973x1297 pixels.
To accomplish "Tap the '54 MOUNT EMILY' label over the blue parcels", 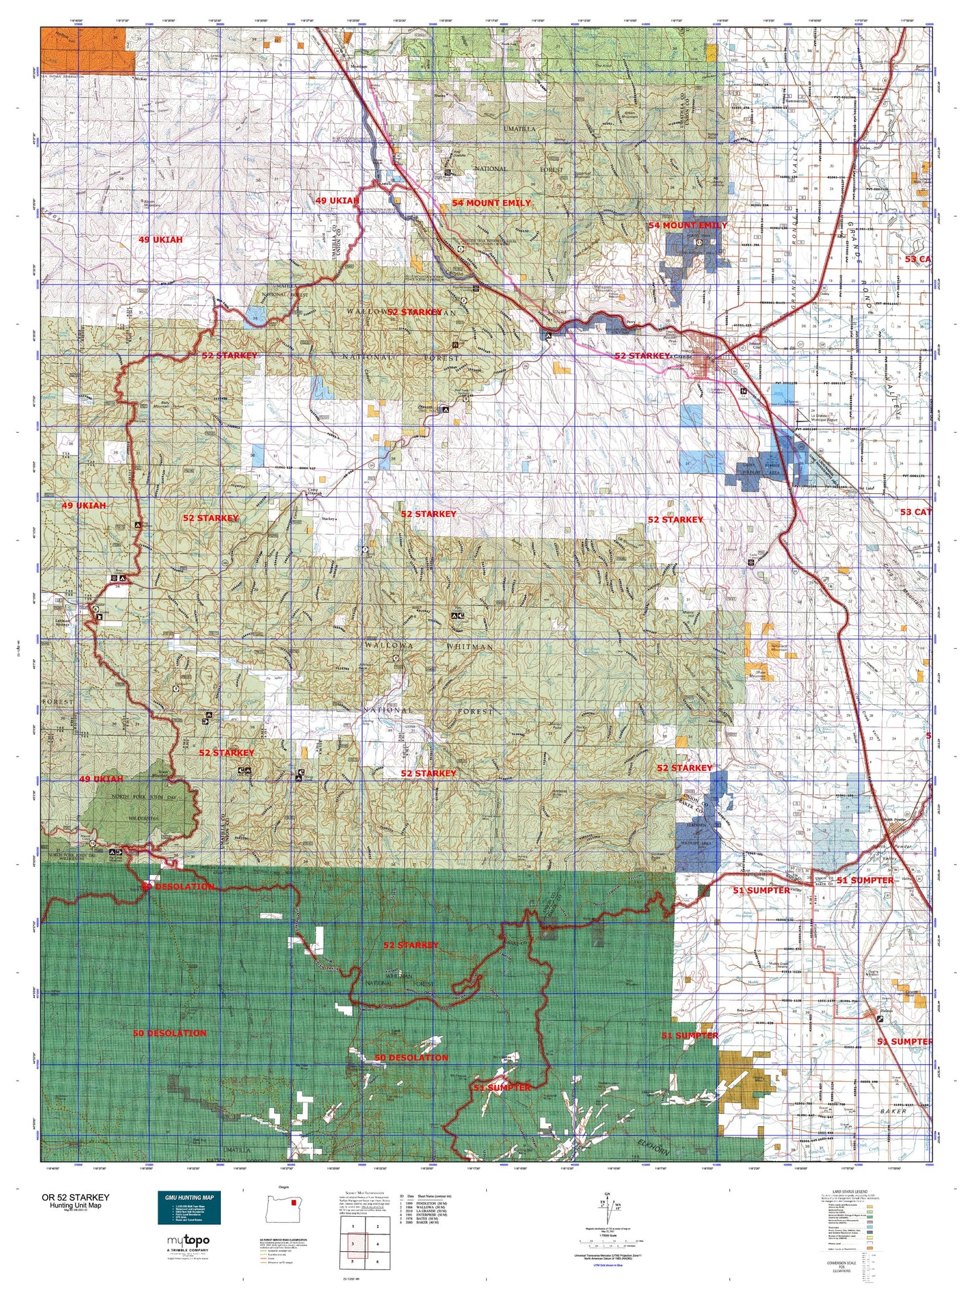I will (x=687, y=225).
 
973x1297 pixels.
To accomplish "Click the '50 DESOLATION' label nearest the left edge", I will (x=170, y=1032).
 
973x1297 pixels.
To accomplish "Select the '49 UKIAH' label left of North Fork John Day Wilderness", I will (x=101, y=779).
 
